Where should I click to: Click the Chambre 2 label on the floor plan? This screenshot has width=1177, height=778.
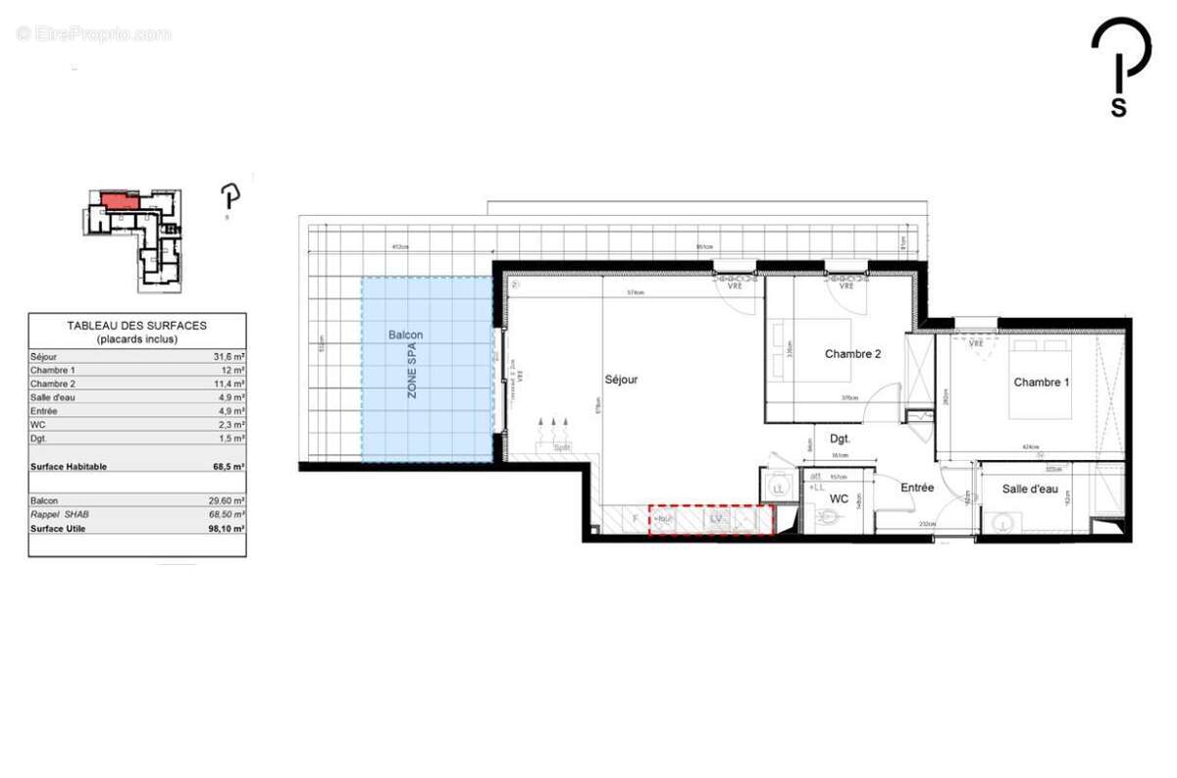(852, 354)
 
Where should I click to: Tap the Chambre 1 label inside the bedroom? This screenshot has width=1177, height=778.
(1042, 382)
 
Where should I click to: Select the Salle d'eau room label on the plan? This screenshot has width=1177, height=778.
(1030, 489)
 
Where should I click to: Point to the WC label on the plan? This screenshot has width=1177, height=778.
(839, 499)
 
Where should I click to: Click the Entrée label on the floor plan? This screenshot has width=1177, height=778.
(917, 488)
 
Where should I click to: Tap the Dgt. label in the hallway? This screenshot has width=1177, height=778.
(839, 441)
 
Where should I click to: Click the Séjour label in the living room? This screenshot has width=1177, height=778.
(621, 379)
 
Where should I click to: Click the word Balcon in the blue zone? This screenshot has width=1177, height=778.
(405, 336)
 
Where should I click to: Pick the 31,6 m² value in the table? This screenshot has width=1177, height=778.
(227, 356)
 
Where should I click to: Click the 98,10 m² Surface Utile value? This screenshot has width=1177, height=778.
(226, 528)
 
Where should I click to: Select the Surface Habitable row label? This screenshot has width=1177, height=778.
(69, 467)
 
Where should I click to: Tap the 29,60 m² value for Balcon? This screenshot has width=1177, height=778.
(226, 500)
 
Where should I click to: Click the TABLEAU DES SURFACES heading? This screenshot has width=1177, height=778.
(136, 326)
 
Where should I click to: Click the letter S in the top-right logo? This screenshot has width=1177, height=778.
(1118, 107)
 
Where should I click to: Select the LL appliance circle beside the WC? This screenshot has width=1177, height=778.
(780, 488)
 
